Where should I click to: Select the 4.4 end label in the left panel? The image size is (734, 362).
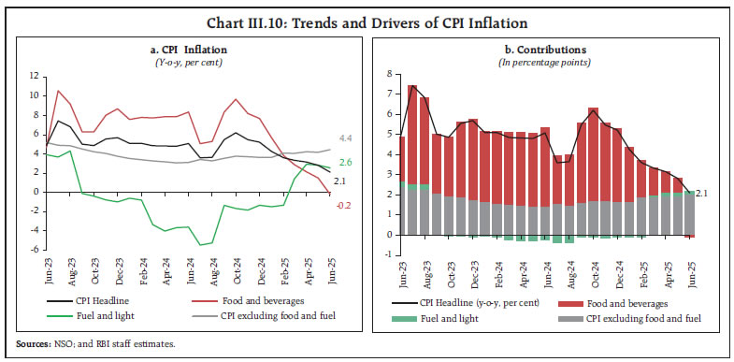345,138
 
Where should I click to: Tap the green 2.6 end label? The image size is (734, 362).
345,162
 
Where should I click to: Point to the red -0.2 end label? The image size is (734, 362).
345,205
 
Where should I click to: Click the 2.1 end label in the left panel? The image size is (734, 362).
340,181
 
